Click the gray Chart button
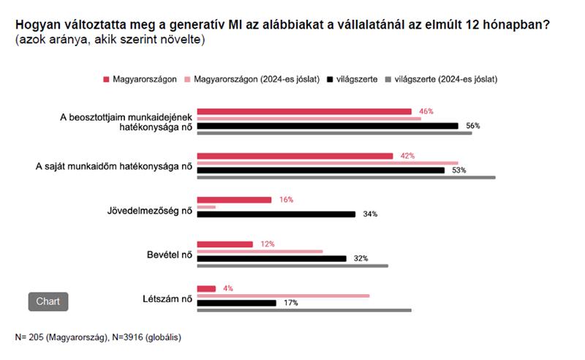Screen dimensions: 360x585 click(x=48, y=301)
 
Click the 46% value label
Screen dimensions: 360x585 click(x=426, y=111)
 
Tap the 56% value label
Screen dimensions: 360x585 click(x=472, y=126)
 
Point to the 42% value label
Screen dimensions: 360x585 click(x=407, y=156)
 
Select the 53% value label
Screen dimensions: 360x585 click(x=458, y=170)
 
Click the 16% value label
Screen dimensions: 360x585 click(x=286, y=200)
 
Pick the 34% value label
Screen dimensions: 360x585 click(x=370, y=214)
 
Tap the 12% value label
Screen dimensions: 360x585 click(x=267, y=244)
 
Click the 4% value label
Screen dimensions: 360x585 click(x=228, y=288)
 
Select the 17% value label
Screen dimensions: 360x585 click(x=290, y=303)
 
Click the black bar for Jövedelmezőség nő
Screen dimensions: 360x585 click(x=276, y=214)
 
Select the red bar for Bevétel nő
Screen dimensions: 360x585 click(x=225, y=244)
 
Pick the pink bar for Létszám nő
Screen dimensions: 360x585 click(x=284, y=296)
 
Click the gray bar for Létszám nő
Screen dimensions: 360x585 click(x=304, y=310)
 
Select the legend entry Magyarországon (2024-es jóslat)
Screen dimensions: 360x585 click(x=257, y=79)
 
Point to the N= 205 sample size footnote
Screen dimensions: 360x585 click(x=98, y=337)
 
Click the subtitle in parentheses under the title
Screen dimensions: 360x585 click(x=110, y=39)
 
